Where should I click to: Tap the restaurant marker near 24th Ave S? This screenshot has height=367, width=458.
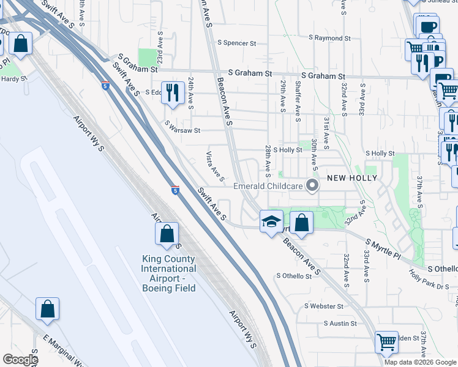point(172,93)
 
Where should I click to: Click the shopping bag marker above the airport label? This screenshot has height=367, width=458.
point(167,233)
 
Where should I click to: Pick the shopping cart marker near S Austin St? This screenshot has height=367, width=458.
point(386,342)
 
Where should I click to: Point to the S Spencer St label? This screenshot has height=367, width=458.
point(236,43)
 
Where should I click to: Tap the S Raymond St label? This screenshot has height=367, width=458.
point(329,38)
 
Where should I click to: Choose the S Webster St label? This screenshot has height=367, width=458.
point(324,306)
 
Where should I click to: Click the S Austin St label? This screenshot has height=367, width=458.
point(340,323)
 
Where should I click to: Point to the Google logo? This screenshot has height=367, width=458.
point(20,360)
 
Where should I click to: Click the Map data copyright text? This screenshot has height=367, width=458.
point(421,362)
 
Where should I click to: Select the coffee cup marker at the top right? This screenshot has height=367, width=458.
point(427,27)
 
